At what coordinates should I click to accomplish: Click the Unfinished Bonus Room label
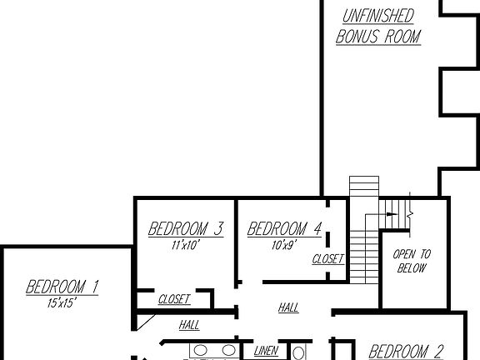coord(377,26)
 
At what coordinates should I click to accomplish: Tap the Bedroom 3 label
coord(186,229)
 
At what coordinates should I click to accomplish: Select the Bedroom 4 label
coord(285,229)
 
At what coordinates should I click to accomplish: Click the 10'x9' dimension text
coord(284,245)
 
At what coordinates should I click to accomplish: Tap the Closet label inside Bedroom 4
coord(327,259)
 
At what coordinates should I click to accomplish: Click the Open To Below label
coord(412,261)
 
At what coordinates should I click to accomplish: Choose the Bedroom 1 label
coord(62,287)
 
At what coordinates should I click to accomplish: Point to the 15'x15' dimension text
coord(62,303)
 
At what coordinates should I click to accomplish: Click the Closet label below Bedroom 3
coord(174,299)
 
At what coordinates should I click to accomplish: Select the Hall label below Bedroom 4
coord(288,308)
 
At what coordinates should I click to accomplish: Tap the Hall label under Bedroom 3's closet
coord(189,325)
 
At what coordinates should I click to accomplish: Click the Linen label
coord(266,351)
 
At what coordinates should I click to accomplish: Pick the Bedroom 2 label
coord(406,352)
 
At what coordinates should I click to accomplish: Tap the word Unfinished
coord(377,15)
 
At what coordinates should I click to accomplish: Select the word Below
coord(412,268)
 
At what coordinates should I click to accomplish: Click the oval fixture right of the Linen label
coord(298,352)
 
